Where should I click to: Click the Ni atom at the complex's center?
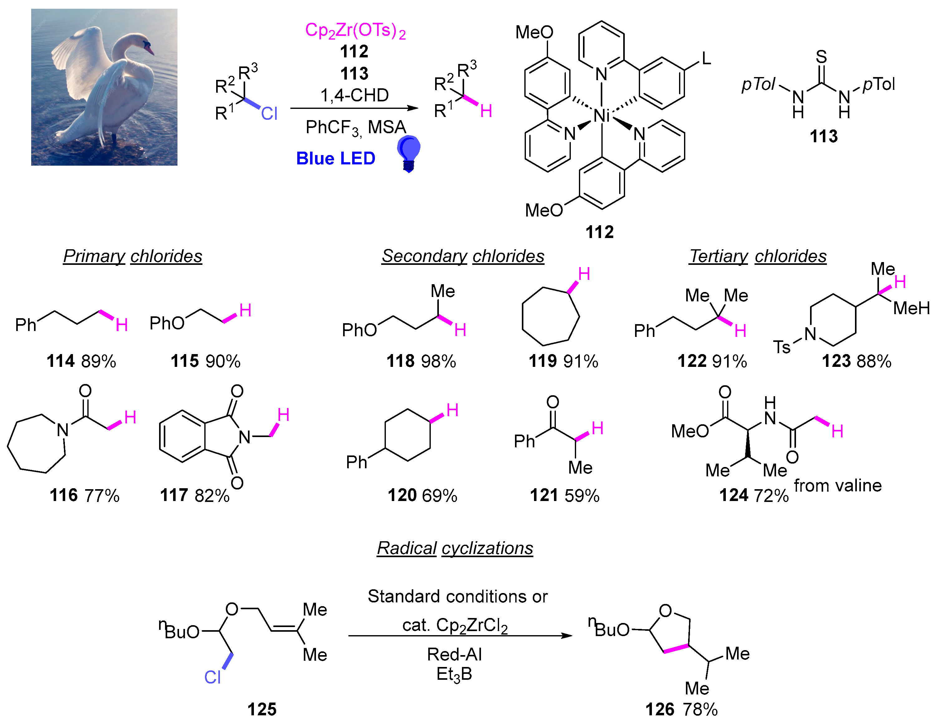(601, 116)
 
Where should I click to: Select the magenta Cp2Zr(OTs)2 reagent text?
(355, 31)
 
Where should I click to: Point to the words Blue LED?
(336, 159)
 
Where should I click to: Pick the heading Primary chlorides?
(133, 256)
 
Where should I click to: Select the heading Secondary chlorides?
(463, 256)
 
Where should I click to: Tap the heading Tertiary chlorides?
(758, 256)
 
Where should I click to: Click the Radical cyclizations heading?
(455, 548)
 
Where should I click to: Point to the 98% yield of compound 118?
(439, 361)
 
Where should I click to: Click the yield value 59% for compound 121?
(582, 495)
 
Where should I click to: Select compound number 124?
(734, 495)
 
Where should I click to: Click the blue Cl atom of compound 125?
(212, 677)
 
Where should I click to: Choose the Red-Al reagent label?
(454, 654)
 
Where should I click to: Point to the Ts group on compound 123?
(782, 347)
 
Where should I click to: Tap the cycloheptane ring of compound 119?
(550, 316)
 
